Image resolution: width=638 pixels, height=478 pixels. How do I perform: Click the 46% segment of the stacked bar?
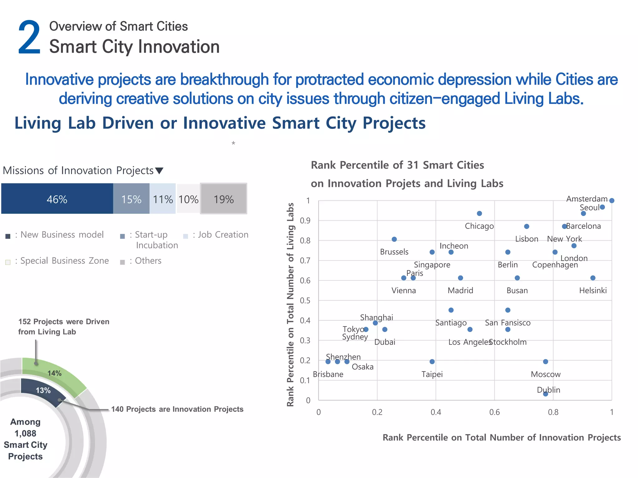(x=57, y=199)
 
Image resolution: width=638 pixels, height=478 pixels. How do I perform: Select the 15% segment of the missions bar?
(x=131, y=199)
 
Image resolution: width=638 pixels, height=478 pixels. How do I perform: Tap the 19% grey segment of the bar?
(x=223, y=199)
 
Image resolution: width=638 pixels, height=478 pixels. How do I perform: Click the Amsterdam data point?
(x=612, y=201)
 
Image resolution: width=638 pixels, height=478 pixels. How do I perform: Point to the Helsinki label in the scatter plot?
(x=593, y=291)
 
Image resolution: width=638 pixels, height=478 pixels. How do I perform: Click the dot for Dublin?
(x=545, y=394)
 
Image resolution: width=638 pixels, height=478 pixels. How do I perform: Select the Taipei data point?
(x=432, y=362)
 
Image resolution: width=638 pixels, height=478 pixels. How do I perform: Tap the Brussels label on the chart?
(x=394, y=252)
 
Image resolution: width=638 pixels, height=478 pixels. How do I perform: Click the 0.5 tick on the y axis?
(x=305, y=301)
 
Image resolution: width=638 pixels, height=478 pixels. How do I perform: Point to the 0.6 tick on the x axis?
(x=494, y=412)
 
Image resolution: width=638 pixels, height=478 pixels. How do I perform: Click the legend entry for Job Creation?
(x=220, y=235)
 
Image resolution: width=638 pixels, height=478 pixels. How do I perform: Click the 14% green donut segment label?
(x=55, y=373)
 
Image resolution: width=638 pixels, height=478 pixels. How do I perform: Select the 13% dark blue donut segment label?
(x=43, y=390)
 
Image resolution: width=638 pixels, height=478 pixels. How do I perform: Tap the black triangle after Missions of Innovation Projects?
(x=159, y=171)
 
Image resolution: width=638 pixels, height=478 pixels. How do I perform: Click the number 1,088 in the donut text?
(x=26, y=433)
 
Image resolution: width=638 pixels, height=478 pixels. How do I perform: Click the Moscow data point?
(x=545, y=362)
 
